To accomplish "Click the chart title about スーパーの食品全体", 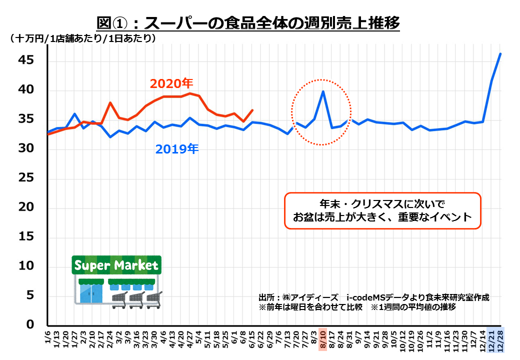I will click(248, 23).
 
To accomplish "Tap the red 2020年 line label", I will click(171, 83).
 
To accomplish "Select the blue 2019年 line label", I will click(176, 149).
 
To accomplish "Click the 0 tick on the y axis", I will click(30, 325).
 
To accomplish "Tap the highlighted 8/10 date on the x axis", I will click(323, 338).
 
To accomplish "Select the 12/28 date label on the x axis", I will click(501, 338).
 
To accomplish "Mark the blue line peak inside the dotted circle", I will click(323, 91).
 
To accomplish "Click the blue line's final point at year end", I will click(501, 53).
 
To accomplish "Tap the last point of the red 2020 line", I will click(252, 110).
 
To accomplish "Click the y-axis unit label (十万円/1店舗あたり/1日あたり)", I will click(83, 38).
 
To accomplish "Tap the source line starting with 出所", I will click(373, 297).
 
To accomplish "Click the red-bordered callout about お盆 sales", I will click(382, 211).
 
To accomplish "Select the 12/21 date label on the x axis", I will click(492, 338).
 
